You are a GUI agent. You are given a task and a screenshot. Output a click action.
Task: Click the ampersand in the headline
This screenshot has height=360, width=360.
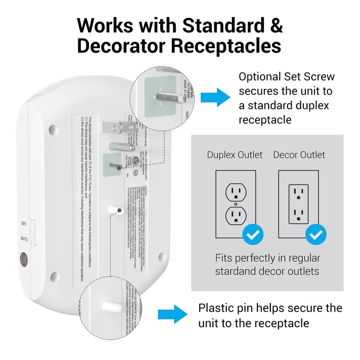[276, 25]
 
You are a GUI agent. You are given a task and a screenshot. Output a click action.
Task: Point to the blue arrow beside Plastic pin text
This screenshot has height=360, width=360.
[172, 313]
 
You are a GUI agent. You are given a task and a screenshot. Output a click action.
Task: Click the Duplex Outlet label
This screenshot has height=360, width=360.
[234, 155]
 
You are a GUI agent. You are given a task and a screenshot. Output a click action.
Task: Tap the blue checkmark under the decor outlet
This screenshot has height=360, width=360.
[316, 234]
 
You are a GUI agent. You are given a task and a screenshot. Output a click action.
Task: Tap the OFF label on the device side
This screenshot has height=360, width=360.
[23, 223]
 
